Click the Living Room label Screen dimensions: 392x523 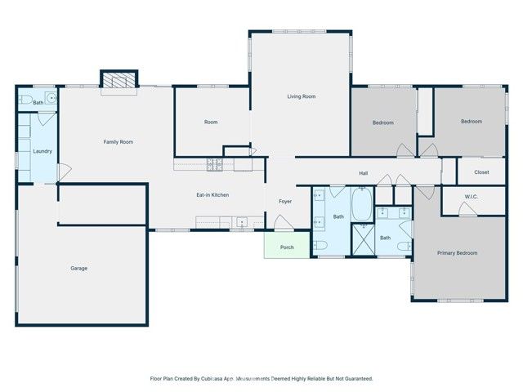point(301,96)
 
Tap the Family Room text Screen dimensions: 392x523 point(118,142)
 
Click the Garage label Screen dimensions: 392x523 point(78,268)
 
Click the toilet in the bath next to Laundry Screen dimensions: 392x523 point(25,100)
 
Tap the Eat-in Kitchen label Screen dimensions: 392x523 point(212,194)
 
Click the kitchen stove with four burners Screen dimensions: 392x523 point(214,164)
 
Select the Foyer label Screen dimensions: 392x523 point(285,201)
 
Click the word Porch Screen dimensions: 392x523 point(287,247)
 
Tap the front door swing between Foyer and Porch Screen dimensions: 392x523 point(281,223)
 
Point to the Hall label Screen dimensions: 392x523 point(364,173)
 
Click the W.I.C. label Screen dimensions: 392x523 point(471,196)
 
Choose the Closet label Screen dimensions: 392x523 point(481,172)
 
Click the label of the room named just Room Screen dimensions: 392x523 point(211,122)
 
